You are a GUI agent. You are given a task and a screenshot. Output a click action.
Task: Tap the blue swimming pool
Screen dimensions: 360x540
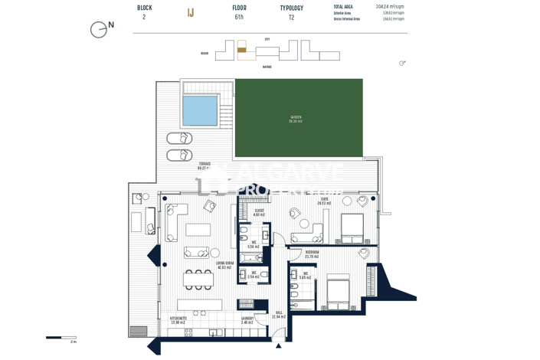pos(200,110)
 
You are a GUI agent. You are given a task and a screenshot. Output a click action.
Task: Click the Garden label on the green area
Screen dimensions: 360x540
pos(295,119)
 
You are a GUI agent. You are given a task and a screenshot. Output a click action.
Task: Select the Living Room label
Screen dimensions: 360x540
pos(224,265)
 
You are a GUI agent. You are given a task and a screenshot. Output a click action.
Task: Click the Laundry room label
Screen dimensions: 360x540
pos(247,321)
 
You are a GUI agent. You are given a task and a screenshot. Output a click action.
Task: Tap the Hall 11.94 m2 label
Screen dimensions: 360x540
pos(279,314)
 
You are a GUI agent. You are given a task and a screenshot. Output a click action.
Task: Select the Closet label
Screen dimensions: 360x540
pos(259,213)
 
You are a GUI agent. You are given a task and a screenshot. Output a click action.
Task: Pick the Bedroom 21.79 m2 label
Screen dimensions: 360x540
pos(313,254)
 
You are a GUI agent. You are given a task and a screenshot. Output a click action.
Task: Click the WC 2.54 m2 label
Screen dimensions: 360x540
pos(253,275)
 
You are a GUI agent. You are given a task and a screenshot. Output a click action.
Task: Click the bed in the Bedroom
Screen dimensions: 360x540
pos(338,293)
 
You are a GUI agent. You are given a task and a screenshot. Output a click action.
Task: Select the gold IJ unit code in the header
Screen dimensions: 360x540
pos(191,12)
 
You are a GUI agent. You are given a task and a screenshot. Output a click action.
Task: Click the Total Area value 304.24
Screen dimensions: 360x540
pos(389,6)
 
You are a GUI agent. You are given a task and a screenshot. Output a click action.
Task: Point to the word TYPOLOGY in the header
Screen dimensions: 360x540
pos(291,8)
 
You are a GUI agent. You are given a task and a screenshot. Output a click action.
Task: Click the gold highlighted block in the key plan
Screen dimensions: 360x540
pos(241,50)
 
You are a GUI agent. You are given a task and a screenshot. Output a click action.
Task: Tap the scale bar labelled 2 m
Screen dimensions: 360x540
pos(61,337)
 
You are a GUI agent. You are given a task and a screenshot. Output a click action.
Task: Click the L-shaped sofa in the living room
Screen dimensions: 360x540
pos(176,221)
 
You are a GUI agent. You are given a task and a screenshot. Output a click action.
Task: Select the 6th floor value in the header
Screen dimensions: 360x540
pos(239,17)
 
